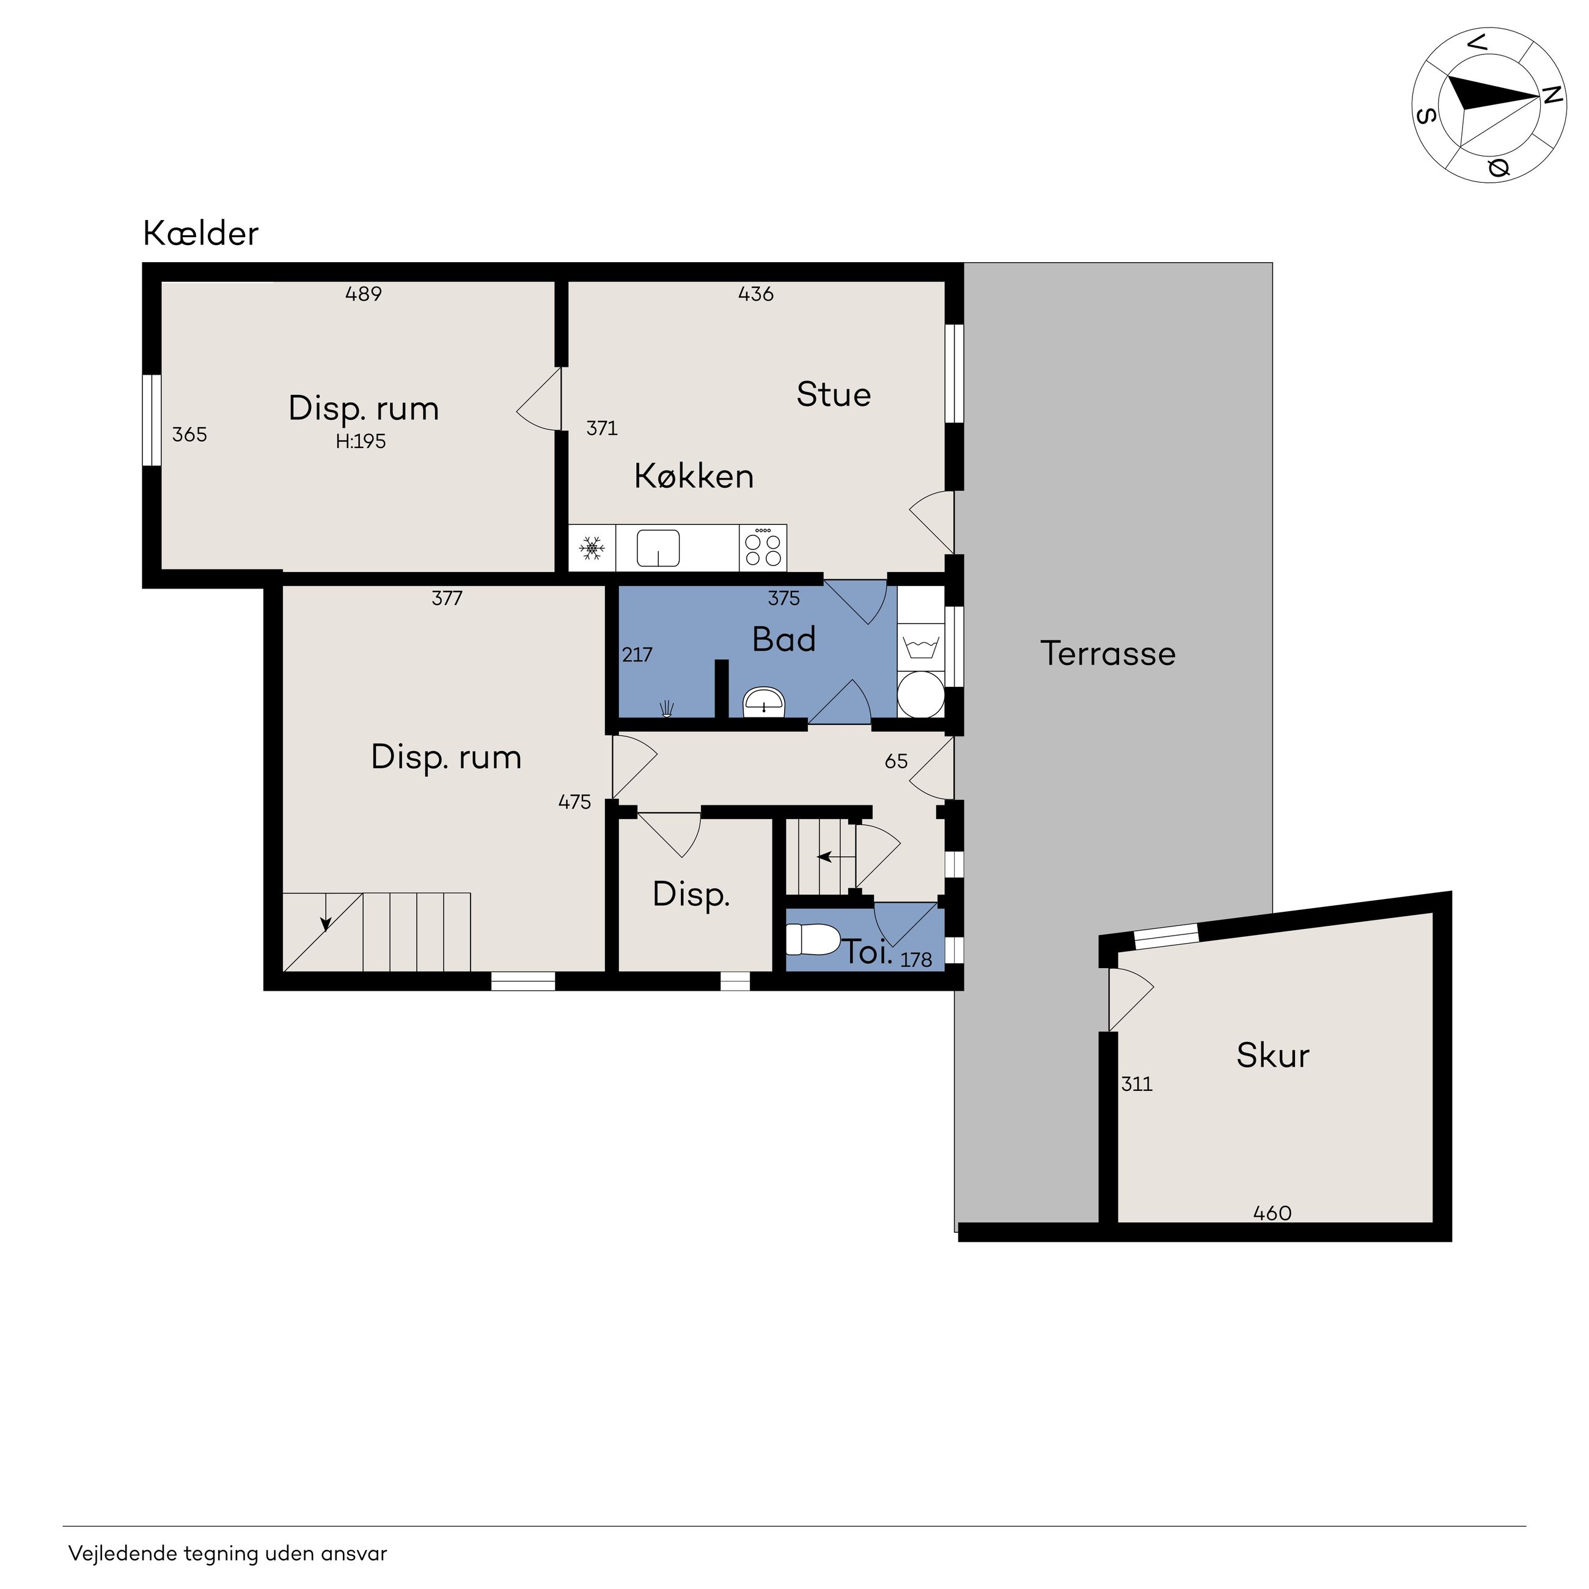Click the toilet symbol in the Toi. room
pos(812,939)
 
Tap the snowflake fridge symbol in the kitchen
pos(592,548)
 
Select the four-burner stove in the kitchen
pos(763,548)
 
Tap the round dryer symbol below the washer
pos(920,694)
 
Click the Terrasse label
pos(1108,653)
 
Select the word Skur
pos(1272,1055)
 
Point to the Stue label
pos(833,395)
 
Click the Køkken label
pos(693,476)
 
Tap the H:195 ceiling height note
pos(360,442)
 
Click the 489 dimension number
pos(364,293)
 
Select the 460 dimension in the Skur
pos(1272,1213)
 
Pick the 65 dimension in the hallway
pos(896,761)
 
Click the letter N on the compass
pos(1551,96)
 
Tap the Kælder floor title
pos(200,233)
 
